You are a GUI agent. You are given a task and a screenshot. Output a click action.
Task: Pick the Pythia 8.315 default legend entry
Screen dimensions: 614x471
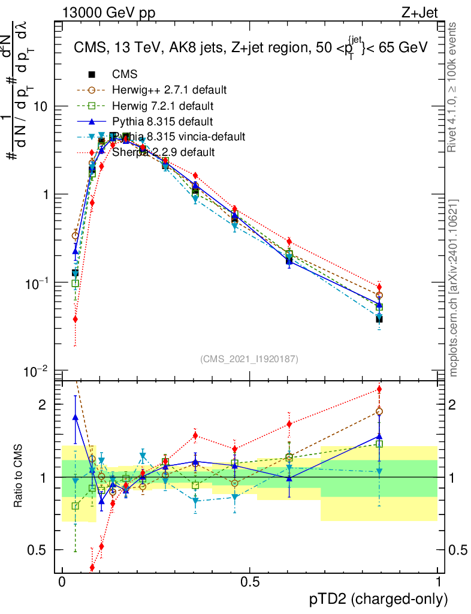coord(162,121)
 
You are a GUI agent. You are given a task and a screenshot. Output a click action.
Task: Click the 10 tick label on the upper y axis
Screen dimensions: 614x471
coord(43,106)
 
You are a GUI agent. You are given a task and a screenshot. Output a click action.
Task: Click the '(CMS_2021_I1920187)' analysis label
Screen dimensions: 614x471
coord(249,359)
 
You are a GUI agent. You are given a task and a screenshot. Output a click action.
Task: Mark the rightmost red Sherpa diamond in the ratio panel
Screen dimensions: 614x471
coord(379,389)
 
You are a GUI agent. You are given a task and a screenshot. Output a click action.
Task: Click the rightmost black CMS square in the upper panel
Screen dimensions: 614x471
coord(379,319)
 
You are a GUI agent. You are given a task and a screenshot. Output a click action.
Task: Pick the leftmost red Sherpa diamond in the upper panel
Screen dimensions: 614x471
coord(75,319)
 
